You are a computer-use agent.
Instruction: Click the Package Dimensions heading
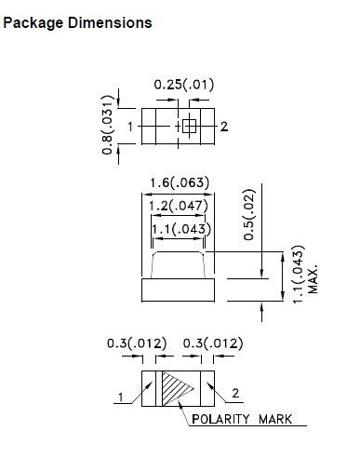click(77, 23)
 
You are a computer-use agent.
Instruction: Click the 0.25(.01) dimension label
click(184, 85)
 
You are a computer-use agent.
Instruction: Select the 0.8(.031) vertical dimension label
click(108, 125)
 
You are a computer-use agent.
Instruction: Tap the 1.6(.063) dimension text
click(180, 182)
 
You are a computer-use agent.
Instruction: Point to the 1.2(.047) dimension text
click(179, 206)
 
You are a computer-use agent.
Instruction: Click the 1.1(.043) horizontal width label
click(181, 229)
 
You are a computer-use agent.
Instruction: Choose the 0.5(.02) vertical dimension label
click(249, 214)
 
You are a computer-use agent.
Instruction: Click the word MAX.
click(313, 279)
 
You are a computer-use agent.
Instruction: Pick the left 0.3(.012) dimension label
click(137, 343)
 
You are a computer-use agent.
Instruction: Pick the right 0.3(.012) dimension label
click(213, 343)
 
